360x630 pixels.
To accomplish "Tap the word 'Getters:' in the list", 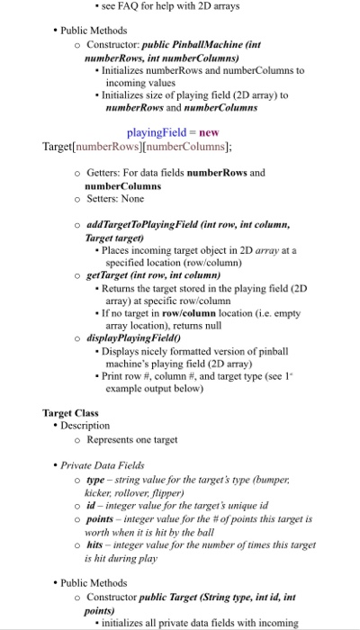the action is tap(107, 171).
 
